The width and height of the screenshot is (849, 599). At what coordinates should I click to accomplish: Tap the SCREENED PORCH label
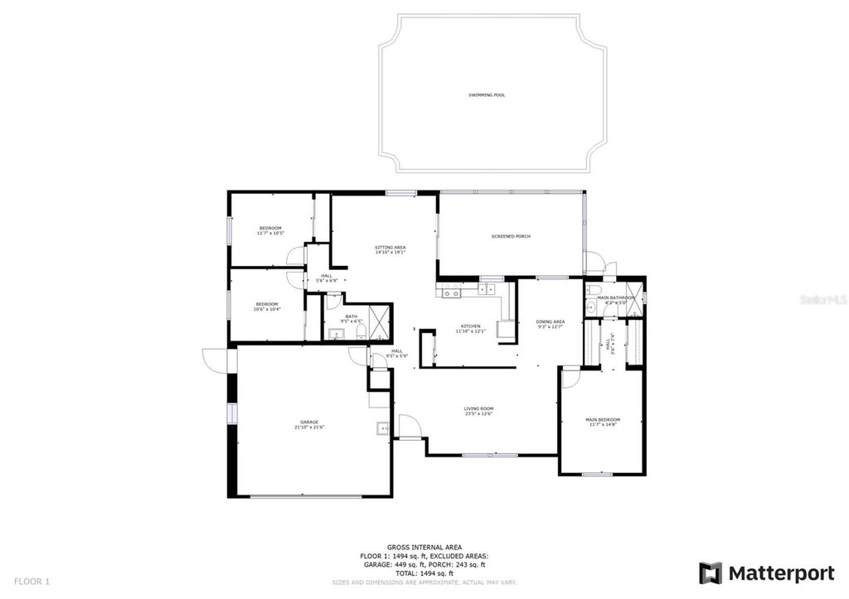click(x=511, y=236)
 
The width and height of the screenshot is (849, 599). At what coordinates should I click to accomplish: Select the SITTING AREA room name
click(x=390, y=247)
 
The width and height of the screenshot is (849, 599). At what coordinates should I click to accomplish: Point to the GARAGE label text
click(x=309, y=422)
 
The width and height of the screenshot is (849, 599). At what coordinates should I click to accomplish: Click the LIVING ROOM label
click(x=478, y=408)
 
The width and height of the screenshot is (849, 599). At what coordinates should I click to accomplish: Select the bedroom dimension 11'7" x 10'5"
click(x=270, y=234)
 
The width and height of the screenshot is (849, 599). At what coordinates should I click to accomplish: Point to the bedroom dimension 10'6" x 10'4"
click(x=267, y=309)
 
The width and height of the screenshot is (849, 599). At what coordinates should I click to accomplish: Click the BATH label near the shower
click(x=352, y=316)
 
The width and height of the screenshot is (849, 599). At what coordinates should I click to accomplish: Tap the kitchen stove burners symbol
click(x=452, y=291)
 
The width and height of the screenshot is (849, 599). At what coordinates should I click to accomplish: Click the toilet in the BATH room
click(x=360, y=334)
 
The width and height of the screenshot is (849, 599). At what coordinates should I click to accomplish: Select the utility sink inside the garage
click(x=382, y=428)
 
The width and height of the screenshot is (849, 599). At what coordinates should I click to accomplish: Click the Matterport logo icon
click(x=711, y=572)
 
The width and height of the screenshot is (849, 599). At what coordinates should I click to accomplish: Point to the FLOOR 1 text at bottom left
click(x=33, y=582)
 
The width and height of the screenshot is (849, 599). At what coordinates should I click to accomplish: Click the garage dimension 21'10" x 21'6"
click(x=309, y=428)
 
